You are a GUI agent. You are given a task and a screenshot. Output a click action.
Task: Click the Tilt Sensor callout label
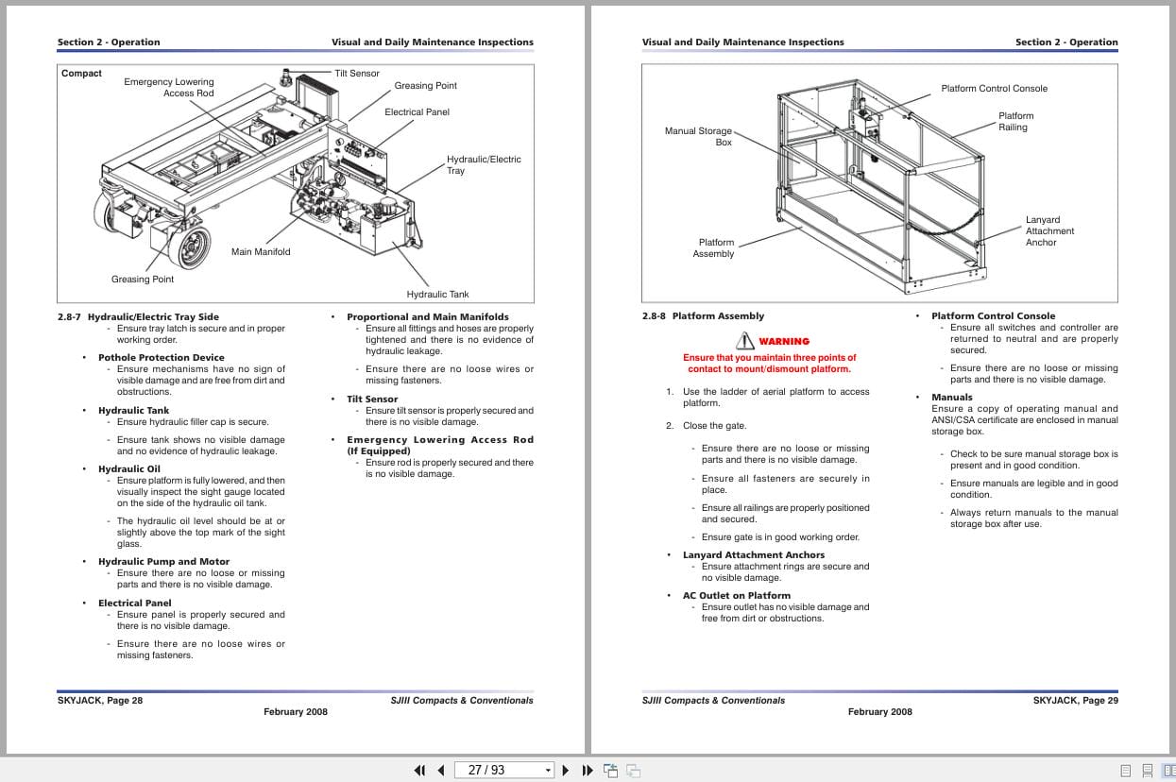pyautogui.click(x=357, y=74)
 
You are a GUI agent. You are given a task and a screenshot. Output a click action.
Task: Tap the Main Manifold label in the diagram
pyautogui.click(x=261, y=252)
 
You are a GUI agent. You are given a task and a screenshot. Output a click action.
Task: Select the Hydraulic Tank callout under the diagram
pyautogui.click(x=437, y=295)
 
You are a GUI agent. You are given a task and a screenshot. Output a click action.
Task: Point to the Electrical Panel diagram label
pyautogui.click(x=417, y=112)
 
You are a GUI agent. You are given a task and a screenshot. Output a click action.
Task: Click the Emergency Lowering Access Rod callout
pyautogui.click(x=169, y=88)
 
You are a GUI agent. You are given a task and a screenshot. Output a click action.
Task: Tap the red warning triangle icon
pyautogui.click(x=745, y=341)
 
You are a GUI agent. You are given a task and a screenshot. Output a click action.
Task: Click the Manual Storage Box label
pyautogui.click(x=698, y=137)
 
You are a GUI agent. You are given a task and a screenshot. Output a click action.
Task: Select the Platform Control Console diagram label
pyautogui.click(x=994, y=89)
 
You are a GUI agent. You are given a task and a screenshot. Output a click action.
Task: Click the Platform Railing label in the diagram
pyautogui.click(x=1015, y=122)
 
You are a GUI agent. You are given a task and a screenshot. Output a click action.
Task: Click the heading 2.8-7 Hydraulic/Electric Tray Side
pyautogui.click(x=138, y=317)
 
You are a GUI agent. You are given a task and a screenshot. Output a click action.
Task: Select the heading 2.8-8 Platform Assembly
pyautogui.click(x=703, y=316)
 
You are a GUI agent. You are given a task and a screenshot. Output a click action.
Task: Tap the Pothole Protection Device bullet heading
pyautogui.click(x=162, y=358)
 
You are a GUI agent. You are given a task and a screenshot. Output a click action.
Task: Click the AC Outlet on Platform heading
pyautogui.click(x=737, y=596)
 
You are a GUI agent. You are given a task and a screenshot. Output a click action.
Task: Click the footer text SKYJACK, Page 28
pyautogui.click(x=100, y=701)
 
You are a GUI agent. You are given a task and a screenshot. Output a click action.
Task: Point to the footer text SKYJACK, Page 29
pyautogui.click(x=1075, y=701)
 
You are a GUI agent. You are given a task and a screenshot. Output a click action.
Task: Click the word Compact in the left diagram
pyautogui.click(x=81, y=74)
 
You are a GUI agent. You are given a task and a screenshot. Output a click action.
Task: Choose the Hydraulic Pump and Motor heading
pyautogui.click(x=163, y=562)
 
